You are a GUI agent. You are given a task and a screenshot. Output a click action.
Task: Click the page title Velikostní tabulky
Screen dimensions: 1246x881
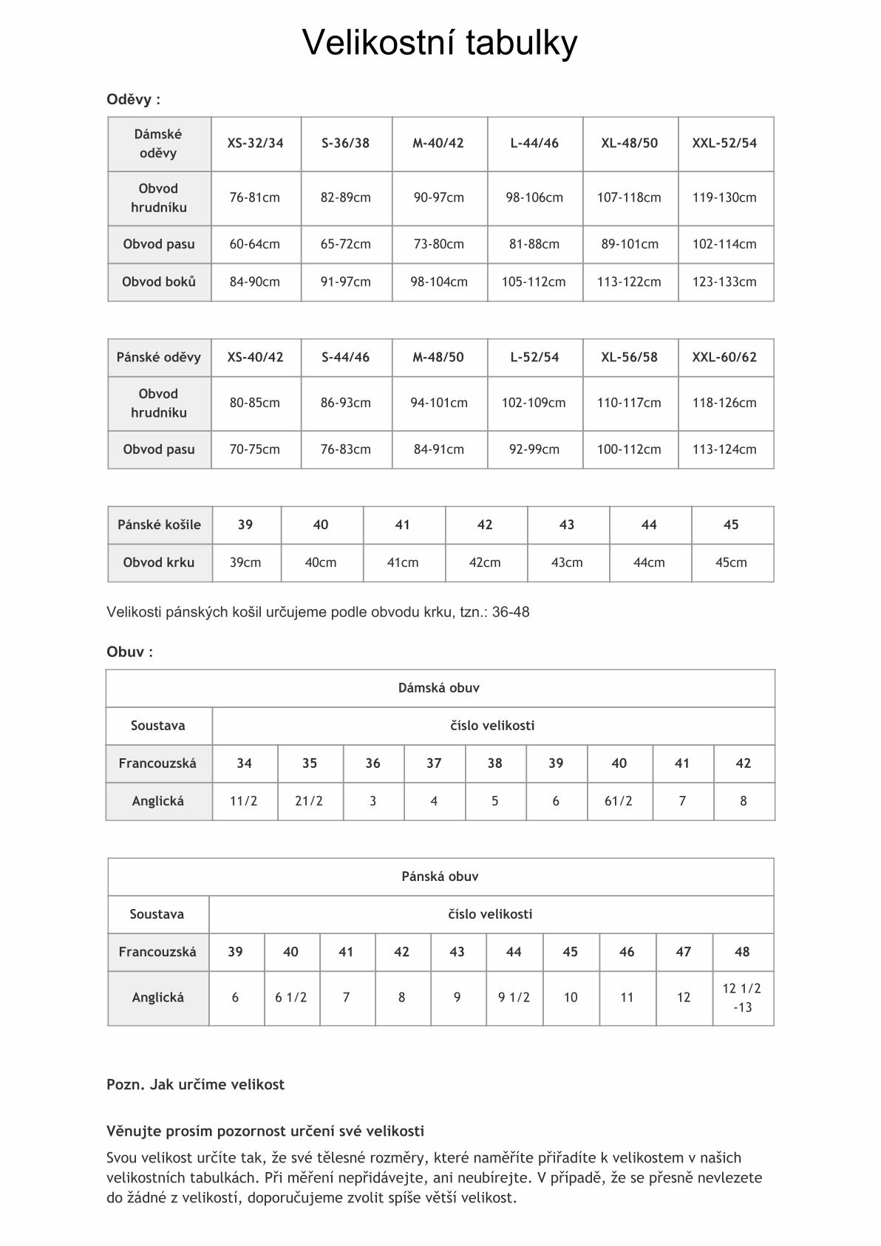coord(440,43)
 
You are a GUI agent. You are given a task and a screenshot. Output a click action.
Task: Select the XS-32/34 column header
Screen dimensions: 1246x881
coord(255,143)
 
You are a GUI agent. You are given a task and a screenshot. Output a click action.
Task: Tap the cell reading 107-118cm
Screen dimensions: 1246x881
coord(629,198)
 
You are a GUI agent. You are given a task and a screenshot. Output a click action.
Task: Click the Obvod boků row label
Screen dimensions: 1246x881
coord(159,282)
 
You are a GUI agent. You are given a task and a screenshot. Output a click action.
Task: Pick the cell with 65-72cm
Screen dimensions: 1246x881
coord(345,244)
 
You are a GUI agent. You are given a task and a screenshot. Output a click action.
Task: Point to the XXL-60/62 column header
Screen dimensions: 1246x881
coord(724,358)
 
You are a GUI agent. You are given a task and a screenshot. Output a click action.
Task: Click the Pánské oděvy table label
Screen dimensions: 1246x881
coord(159,358)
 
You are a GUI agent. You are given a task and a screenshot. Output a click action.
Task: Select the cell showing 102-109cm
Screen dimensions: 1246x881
coord(534,403)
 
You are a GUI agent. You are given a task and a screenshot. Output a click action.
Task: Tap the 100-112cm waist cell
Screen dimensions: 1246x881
coord(629,449)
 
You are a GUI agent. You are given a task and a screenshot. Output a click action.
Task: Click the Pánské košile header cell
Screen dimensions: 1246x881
coord(159,525)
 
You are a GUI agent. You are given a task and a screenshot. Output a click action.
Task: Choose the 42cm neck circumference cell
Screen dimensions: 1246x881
coord(485,562)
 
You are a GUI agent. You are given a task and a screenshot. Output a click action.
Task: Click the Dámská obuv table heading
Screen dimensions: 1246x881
coord(439,688)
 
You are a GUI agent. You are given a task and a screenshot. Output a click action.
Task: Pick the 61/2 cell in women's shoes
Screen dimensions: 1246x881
coord(619,801)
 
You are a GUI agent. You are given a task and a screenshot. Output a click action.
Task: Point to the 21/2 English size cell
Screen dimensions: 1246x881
coord(309,801)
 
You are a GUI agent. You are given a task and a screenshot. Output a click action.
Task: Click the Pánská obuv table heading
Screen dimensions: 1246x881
coord(440,876)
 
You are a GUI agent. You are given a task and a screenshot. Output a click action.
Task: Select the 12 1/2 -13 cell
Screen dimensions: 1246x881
coord(742,998)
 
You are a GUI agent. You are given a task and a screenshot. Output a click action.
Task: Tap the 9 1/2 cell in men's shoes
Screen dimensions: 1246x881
coord(514,998)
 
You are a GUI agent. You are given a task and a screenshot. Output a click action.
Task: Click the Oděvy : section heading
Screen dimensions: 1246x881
coord(134,100)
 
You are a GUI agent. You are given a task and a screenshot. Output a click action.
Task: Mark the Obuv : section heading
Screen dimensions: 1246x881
coord(130,652)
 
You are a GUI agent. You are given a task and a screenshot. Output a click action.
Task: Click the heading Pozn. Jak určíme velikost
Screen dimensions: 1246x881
coord(195,1085)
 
